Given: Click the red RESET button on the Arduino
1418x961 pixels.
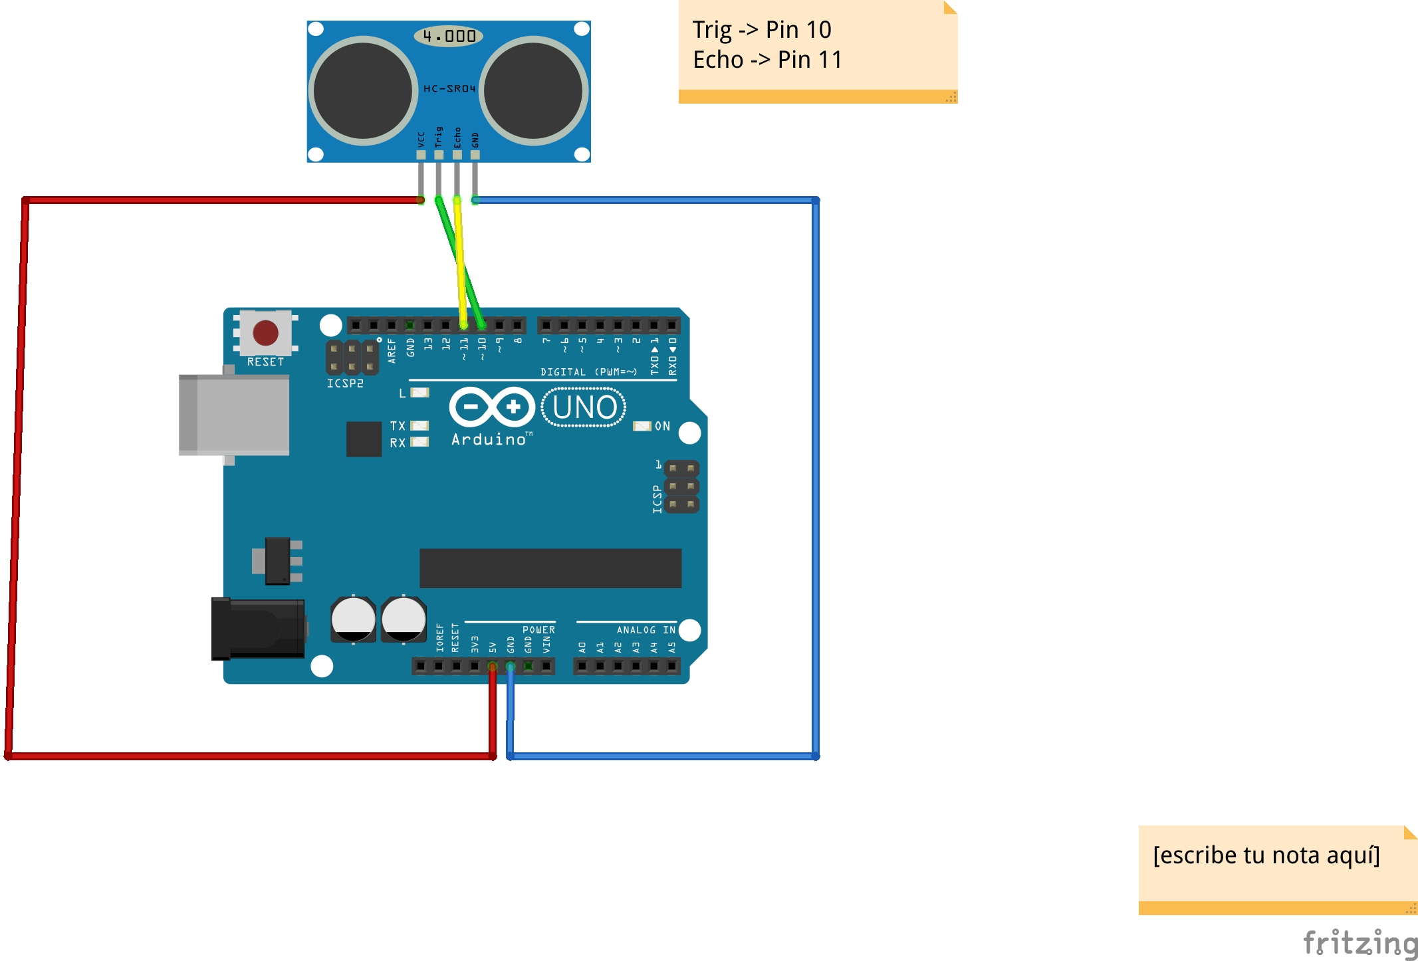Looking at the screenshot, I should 265,332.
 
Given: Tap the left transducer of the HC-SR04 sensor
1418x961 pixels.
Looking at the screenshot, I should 363,90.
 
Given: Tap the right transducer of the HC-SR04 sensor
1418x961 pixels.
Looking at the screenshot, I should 533,90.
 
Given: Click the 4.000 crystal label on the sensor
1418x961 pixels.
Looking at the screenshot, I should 449,36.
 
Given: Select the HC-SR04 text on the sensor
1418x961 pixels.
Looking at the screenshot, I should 449,88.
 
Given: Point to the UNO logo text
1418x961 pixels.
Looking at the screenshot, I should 584,407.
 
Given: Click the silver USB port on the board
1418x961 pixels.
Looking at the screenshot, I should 234,415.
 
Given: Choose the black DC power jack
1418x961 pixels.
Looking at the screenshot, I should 258,628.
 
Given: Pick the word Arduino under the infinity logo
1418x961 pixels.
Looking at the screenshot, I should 489,439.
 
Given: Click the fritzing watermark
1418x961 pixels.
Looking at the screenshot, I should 1359,943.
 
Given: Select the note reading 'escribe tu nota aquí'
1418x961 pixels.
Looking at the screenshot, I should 1266,855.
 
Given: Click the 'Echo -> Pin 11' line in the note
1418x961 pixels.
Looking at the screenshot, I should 767,60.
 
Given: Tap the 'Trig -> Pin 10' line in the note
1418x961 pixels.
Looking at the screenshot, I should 762,30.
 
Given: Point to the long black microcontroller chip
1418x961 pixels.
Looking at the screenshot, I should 550,568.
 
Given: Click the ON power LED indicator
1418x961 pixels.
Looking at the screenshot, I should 642,426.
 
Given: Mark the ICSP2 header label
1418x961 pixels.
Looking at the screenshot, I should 345,383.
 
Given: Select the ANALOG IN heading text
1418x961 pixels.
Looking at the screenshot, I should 646,630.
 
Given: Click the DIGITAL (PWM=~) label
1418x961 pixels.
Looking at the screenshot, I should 588,372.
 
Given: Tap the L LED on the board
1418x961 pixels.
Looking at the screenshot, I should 419,393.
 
